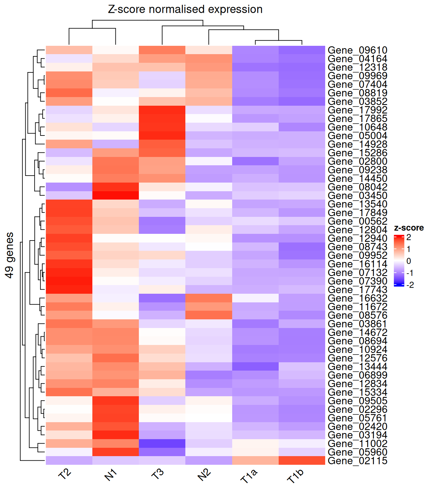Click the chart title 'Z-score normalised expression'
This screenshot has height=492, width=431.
click(x=185, y=9)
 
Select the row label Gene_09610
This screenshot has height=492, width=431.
click(x=357, y=50)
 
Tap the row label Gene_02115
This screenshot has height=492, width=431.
click(x=357, y=461)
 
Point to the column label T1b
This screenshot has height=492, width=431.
click(x=295, y=476)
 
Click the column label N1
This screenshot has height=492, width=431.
click(x=111, y=475)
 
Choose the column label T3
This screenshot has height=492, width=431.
click(x=158, y=474)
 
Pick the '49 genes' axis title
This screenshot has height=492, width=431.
click(x=10, y=255)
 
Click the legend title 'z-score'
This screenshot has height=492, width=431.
click(x=409, y=228)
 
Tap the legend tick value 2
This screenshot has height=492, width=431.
click(x=409, y=237)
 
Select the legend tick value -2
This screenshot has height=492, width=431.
click(x=410, y=285)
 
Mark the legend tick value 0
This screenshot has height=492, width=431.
click(x=409, y=261)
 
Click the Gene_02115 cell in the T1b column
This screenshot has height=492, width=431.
click(x=302, y=461)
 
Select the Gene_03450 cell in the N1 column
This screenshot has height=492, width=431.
click(x=115, y=195)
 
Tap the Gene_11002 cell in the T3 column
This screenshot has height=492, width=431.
click(x=162, y=444)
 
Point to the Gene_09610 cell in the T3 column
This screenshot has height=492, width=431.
click(x=162, y=50)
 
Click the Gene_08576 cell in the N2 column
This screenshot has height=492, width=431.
click(x=208, y=315)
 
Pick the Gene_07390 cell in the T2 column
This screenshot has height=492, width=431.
click(x=69, y=281)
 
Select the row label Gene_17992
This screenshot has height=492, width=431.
click(x=357, y=110)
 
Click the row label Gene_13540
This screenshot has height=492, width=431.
click(x=357, y=204)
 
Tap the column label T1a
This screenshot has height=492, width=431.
click(x=249, y=476)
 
